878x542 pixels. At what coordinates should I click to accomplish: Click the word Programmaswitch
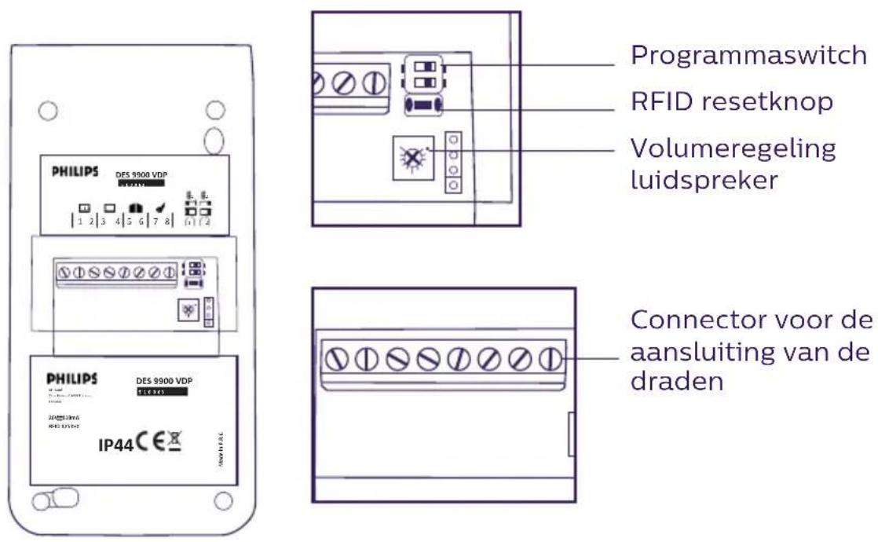click(x=753, y=56)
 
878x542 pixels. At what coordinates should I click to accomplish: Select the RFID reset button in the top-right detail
click(x=423, y=105)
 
